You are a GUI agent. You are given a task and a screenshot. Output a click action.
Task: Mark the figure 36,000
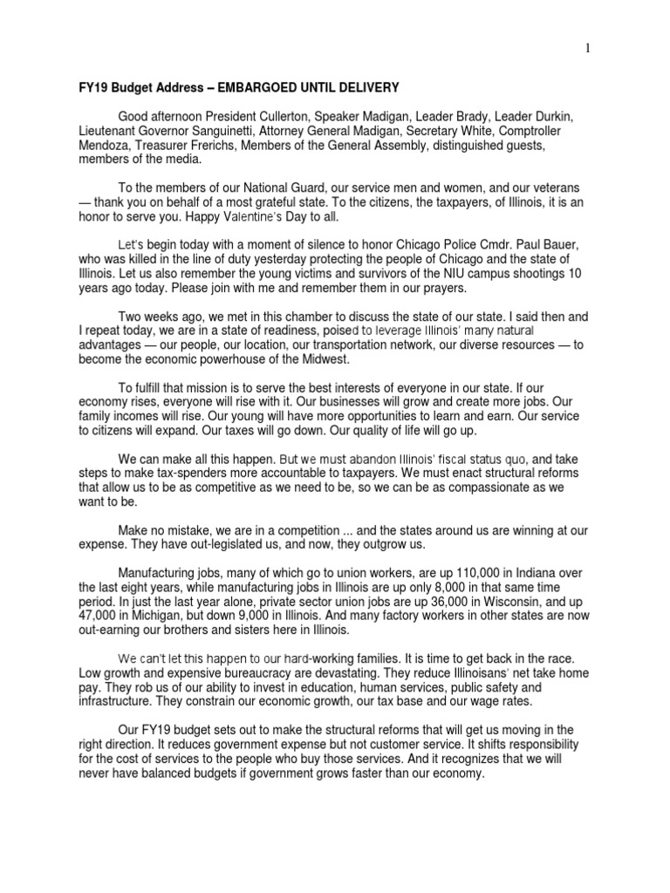[427, 602]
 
